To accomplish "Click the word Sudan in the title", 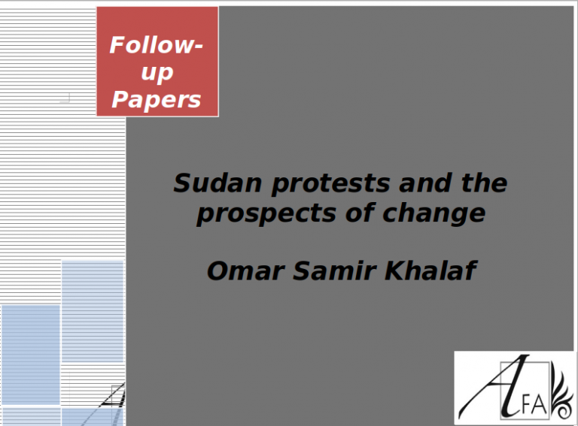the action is coord(218,183).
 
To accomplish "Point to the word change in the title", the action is coord(433,214).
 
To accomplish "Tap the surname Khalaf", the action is coord(430,270).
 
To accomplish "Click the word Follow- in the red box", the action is coord(157,45).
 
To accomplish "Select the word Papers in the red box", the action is coord(157,100).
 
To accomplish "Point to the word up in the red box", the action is coord(157,73).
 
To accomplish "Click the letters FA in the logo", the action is coord(534,404).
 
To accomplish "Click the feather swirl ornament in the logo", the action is coord(561,395).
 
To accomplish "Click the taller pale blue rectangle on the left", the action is coord(93,311).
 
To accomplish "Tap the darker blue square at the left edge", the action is coord(31,355).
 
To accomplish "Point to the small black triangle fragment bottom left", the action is coord(114,397).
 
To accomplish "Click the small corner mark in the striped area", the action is coord(65,98).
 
